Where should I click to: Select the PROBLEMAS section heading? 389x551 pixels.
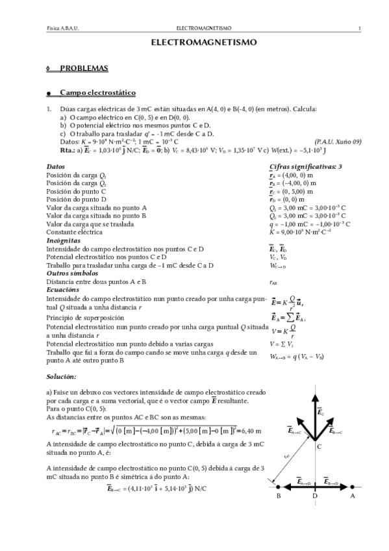coord(84,68)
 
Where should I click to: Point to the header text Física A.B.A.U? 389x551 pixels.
coord(63,29)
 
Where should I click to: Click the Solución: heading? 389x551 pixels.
coord(61,376)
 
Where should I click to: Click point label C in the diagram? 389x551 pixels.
coord(319,446)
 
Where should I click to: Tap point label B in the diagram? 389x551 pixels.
coord(278,496)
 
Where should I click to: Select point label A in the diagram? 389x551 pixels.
coord(353,496)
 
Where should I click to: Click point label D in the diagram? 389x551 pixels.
coord(315,496)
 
